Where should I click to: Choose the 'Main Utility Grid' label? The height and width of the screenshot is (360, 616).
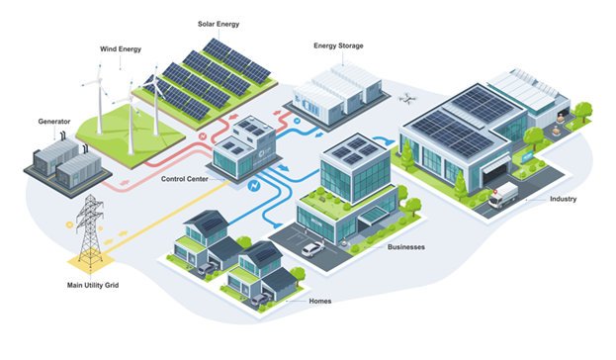point(94,288)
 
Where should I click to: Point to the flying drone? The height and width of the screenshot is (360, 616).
point(407,99)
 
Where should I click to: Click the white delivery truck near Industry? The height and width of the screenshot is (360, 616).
point(503,194)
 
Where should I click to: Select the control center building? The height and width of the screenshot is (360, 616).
point(244,146)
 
